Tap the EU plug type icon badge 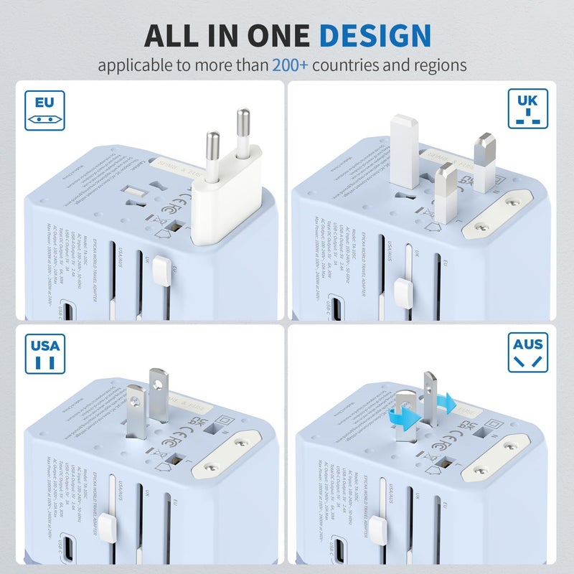pyautogui.click(x=44, y=110)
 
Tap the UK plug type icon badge pyautogui.click(x=528, y=108)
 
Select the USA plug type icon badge pyautogui.click(x=44, y=352)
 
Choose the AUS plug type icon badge pyautogui.click(x=528, y=352)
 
